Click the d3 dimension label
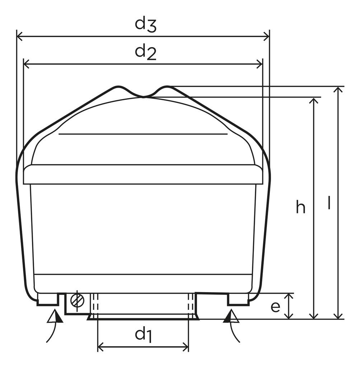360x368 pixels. click(145, 25)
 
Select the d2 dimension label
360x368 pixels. click(145, 52)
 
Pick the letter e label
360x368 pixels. click(275, 307)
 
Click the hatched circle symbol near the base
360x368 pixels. click(78, 300)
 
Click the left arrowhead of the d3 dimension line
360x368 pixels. click(19, 36)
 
